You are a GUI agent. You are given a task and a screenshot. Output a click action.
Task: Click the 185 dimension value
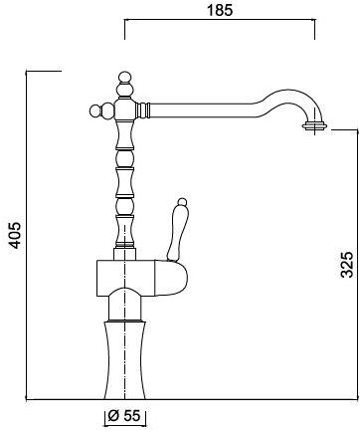pyautogui.click(x=220, y=10)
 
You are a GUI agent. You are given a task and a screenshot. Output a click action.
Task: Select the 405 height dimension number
pyautogui.click(x=15, y=235)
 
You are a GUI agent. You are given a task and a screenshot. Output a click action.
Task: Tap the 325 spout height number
pyautogui.click(x=347, y=265)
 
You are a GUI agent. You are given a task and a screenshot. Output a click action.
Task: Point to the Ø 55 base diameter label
pyautogui.click(x=124, y=416)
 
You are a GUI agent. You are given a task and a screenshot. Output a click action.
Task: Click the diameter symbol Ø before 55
pyautogui.click(x=113, y=416)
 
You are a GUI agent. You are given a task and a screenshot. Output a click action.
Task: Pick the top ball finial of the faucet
pyautogui.click(x=124, y=78)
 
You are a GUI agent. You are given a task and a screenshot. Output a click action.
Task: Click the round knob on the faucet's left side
pyautogui.click(x=95, y=110)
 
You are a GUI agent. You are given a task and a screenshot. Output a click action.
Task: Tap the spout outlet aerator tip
pyautogui.click(x=314, y=125)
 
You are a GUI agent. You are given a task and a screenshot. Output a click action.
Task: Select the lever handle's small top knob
pyautogui.click(x=182, y=202)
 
